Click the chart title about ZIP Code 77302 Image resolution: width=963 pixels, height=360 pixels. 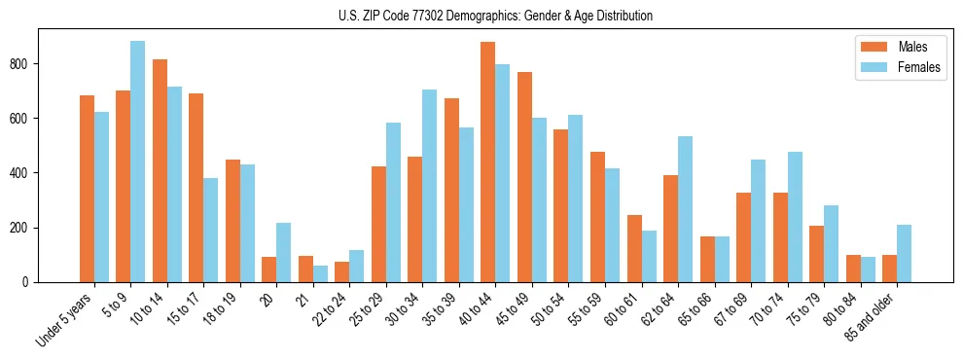481,16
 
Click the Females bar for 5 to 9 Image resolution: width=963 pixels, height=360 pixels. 138,162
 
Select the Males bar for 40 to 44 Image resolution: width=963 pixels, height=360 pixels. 488,162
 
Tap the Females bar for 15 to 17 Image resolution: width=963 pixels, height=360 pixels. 211,230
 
